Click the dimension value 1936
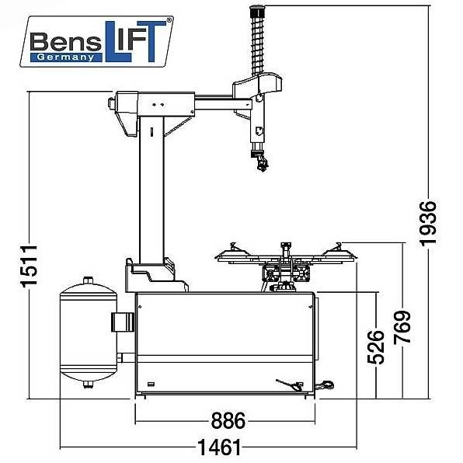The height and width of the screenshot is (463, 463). (427, 224)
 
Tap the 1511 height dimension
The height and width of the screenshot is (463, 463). (29, 266)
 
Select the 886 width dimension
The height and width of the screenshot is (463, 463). (228, 420)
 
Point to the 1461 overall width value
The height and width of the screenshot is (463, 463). (219, 447)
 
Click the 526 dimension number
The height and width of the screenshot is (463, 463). (375, 347)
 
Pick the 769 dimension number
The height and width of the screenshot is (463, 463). (402, 327)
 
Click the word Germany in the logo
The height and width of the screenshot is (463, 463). (65, 57)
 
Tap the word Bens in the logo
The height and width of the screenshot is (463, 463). (65, 42)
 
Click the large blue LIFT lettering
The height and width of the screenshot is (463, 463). (135, 41)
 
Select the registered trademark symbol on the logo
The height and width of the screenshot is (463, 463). (169, 20)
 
